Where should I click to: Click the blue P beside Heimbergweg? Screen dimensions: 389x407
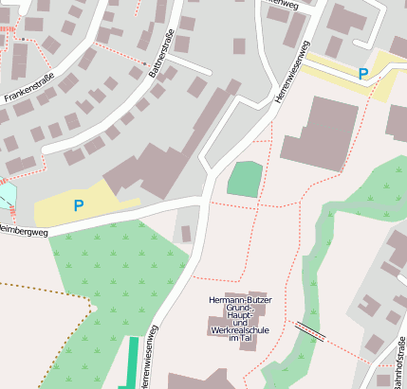click(78, 204)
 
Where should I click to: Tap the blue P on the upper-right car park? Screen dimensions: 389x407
click(362, 73)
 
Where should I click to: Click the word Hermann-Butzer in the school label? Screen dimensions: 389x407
click(238, 299)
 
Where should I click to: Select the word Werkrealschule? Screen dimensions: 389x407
click(238, 329)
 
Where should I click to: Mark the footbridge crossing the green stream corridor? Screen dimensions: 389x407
click(309, 330)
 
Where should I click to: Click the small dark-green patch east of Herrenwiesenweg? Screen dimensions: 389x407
click(244, 179)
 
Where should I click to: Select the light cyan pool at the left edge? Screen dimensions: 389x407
click(6, 196)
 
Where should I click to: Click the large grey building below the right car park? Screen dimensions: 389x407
click(321, 133)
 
